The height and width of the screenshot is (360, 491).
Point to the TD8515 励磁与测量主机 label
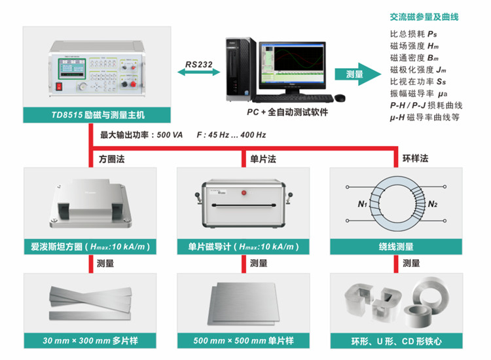coord(97,115)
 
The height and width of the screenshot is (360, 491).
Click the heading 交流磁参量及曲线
coord(424,18)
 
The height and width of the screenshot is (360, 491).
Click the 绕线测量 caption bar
coord(396,247)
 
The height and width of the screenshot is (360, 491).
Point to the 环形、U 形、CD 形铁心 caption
coord(396,341)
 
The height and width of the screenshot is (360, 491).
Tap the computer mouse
coord(340,98)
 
